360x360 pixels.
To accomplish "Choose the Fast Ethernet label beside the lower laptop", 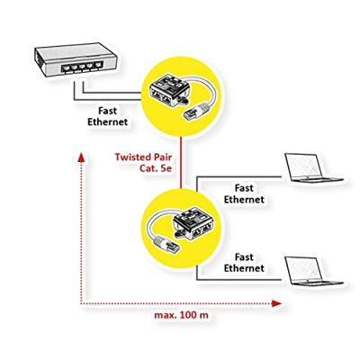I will click(x=243, y=262).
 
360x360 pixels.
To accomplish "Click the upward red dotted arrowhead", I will click(x=81, y=159).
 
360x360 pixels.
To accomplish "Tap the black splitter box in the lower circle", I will click(x=190, y=220).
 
